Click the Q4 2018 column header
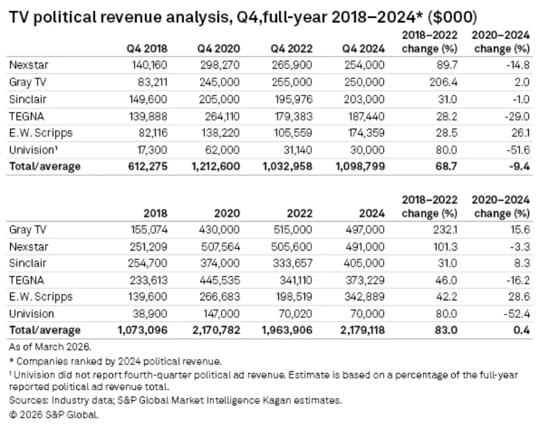point(146,48)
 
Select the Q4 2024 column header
point(364,48)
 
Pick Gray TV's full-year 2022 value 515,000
point(293,230)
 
